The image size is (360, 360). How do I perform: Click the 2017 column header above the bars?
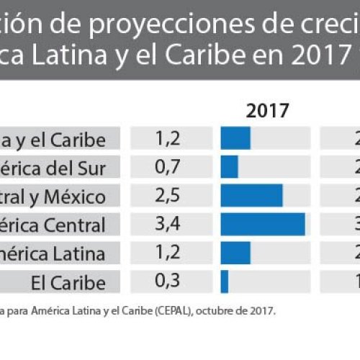(x=267, y=111)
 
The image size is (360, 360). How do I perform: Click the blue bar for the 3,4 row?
(x=263, y=225)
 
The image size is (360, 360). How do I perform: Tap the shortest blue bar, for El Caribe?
(x=225, y=282)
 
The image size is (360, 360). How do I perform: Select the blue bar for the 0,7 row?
(x=230, y=168)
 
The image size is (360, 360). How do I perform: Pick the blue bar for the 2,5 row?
(x=251, y=196)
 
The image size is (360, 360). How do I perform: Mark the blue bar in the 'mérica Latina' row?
(x=235, y=253)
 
